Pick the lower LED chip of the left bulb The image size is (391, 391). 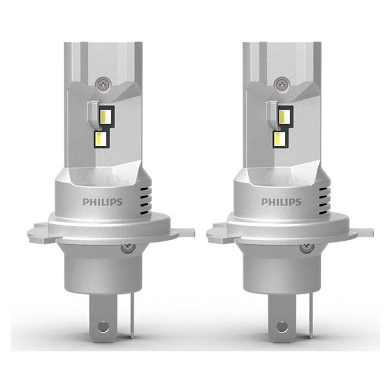(x=100, y=138)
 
